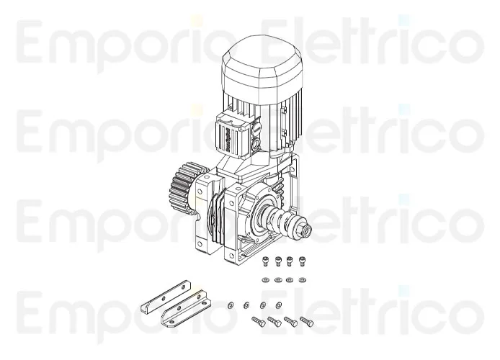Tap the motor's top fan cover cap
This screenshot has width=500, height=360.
coord(262,61)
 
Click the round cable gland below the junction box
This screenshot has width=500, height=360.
coord(256,151)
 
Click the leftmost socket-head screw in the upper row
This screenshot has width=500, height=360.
coord(268,261)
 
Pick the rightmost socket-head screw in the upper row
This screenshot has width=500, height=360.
coord(301,261)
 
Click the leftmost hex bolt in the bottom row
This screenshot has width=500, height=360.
coord(257,323)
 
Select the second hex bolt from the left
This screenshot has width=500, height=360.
coord(274,322)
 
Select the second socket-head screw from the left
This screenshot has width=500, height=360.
coord(279,261)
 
